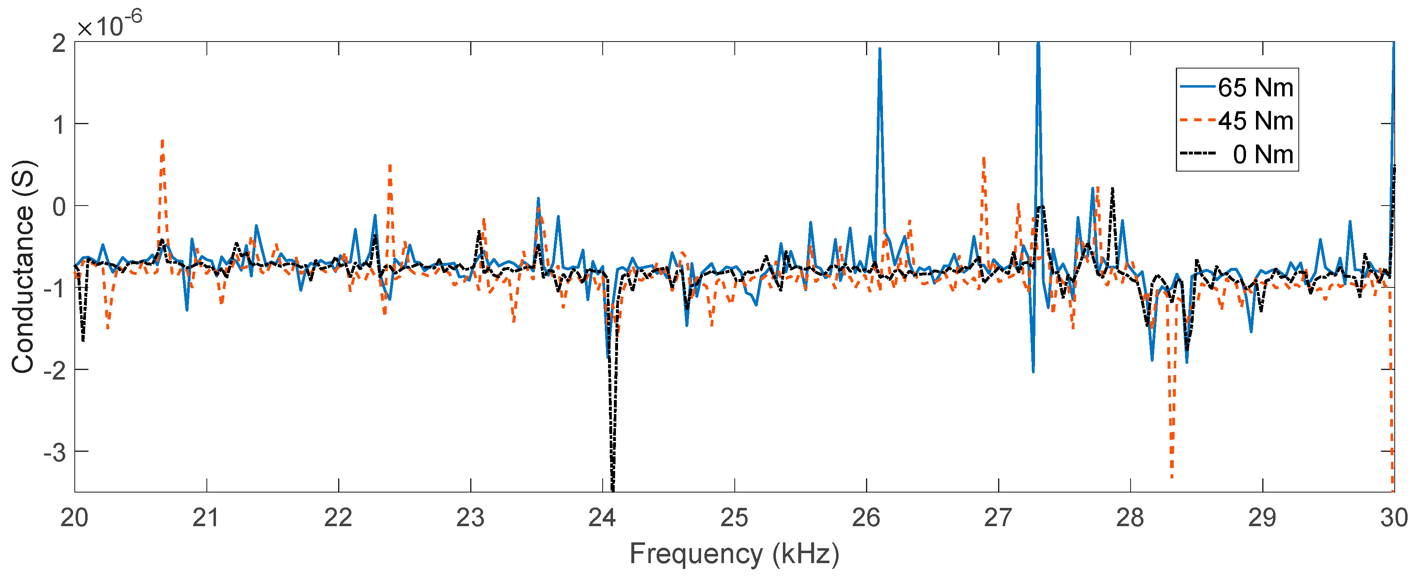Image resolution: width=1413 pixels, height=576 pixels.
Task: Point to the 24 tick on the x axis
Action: click(602, 518)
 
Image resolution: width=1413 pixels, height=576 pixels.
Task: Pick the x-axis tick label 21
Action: click(206, 518)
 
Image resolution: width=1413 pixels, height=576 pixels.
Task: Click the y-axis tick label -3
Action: click(54, 453)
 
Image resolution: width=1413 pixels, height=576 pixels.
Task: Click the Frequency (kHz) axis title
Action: click(734, 554)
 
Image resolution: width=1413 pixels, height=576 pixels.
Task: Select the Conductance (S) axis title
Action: click(23, 267)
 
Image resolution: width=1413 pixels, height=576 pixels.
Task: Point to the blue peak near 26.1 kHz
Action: click(880, 49)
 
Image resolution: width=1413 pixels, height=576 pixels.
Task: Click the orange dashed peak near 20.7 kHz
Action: click(162, 142)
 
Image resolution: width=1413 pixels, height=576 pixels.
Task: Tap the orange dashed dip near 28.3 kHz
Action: click(1172, 476)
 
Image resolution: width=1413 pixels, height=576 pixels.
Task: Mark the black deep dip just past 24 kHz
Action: click(613, 485)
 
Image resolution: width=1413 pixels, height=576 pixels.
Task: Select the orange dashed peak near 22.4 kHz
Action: click(390, 166)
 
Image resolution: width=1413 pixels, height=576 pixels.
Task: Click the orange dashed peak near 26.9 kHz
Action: click(984, 158)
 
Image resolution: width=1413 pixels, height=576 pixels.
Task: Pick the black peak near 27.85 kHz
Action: click(1112, 189)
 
